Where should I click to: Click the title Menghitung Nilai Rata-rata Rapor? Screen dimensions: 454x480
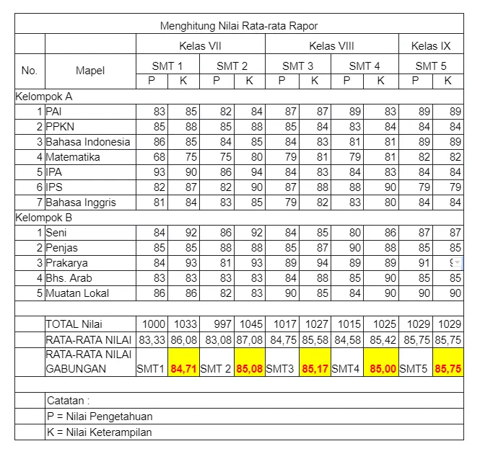point(238,27)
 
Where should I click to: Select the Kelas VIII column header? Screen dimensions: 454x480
point(331,46)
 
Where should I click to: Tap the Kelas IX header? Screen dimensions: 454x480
point(431,46)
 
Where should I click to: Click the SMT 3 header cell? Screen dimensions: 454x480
point(298,66)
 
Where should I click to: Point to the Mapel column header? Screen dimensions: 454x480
point(90,71)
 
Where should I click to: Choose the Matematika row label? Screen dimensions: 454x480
point(73,157)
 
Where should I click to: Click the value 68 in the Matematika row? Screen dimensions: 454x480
point(159,157)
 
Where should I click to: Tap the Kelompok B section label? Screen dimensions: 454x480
point(44,217)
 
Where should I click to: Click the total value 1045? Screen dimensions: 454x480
point(249,324)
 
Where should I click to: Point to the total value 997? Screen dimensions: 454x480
point(217,324)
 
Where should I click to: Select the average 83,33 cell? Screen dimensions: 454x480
point(152,339)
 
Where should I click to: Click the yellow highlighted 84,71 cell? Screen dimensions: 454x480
point(184,369)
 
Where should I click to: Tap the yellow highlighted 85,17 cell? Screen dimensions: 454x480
point(315,369)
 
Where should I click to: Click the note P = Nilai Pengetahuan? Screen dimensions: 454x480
point(100,416)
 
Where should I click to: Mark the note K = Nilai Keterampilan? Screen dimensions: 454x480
point(100,432)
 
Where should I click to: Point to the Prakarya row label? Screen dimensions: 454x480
point(68,263)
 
